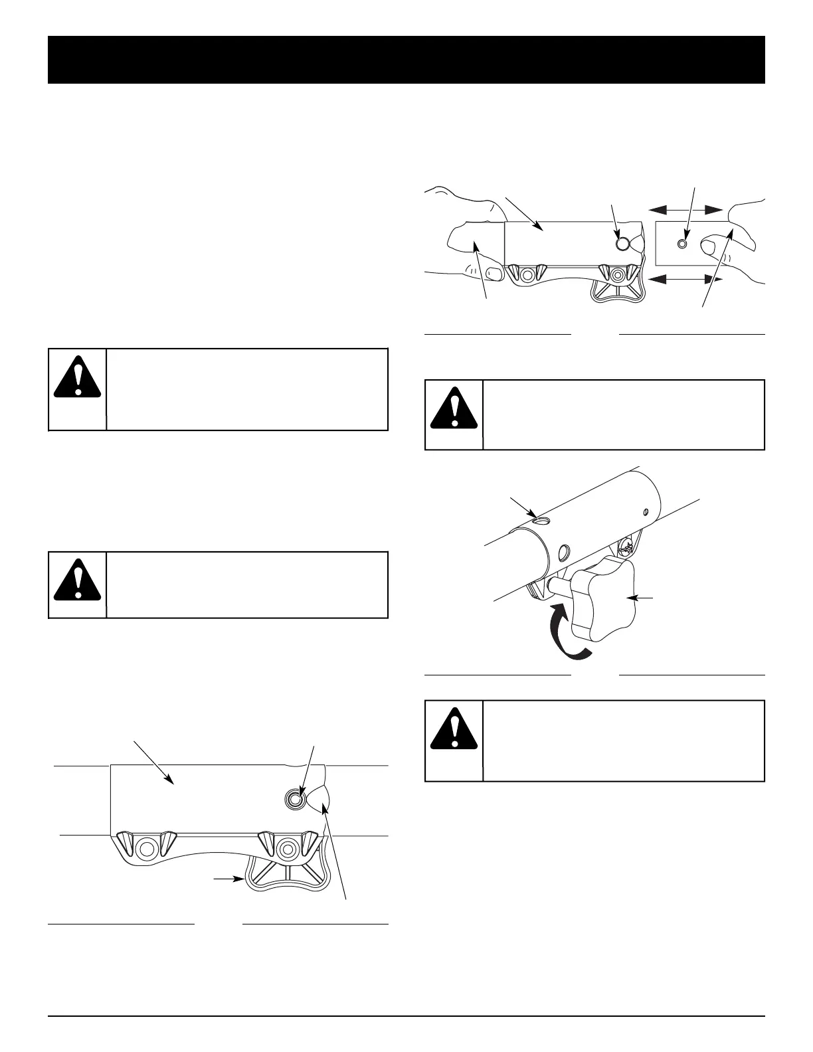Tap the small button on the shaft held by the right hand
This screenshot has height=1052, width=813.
pyautogui.click(x=681, y=244)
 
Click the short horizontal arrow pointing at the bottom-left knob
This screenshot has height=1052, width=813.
pyautogui.click(x=228, y=879)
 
